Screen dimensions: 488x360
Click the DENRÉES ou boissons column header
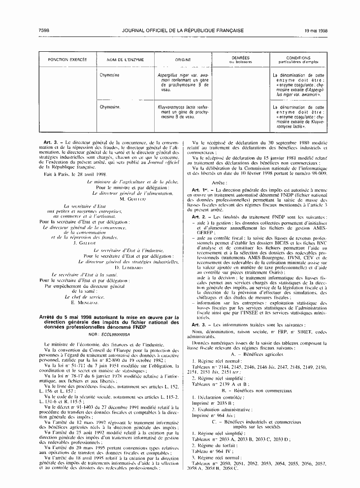coord(239,60)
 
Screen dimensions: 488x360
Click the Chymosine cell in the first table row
coord(109,75)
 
